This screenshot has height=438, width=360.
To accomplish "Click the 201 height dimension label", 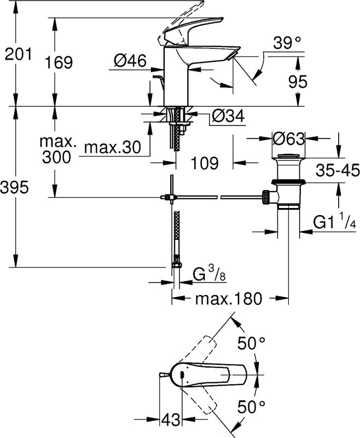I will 18,54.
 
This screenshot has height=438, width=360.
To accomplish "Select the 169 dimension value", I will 59,62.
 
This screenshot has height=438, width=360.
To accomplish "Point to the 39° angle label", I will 288,42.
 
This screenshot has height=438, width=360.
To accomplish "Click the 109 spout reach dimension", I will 205,163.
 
